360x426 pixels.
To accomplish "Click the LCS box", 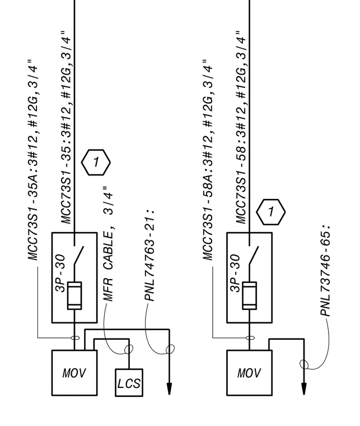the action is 129,382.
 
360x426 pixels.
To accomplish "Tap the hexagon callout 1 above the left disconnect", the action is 96,162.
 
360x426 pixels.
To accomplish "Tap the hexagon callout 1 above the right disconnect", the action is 271,212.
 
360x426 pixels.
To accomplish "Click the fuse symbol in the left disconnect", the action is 74,295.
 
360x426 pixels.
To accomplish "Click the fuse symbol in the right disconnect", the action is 249,295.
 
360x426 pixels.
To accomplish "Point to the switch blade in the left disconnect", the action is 79,255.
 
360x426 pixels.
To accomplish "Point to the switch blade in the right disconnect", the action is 254,255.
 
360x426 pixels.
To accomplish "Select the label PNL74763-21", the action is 150,255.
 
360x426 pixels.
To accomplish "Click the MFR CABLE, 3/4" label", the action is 108,244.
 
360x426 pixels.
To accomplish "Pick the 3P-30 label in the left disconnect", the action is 60,273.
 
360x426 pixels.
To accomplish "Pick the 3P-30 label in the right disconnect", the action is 235,273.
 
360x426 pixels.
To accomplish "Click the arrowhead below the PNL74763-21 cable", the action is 169,389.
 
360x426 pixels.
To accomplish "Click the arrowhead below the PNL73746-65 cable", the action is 304,389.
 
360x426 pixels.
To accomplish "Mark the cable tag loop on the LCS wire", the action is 129,349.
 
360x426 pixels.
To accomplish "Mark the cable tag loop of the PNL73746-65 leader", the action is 304,364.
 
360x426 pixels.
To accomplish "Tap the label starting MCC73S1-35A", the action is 33,160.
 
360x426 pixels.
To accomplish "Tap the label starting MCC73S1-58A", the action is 208,160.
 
